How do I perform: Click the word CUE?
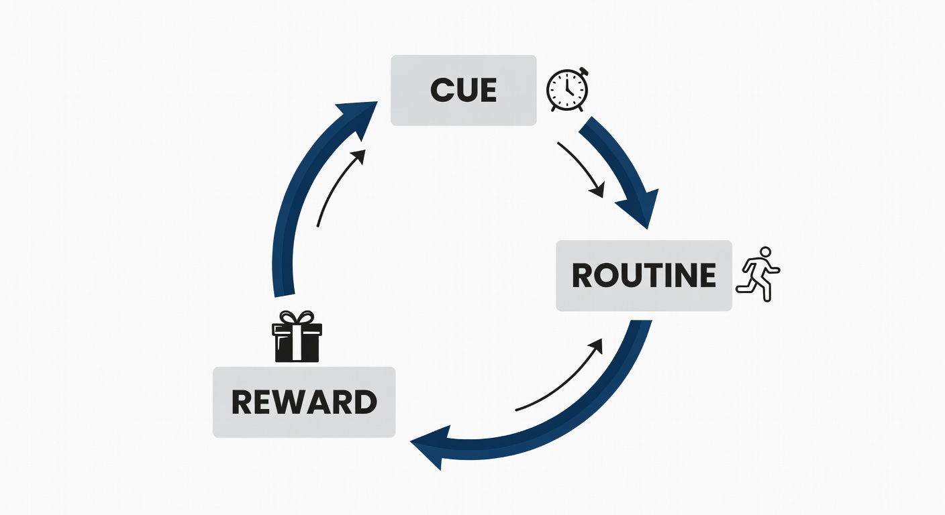[x=463, y=91]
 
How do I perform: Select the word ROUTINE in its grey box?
[x=644, y=276]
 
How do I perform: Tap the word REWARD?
[x=304, y=402]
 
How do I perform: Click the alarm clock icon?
[x=567, y=90]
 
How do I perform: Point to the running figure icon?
[x=758, y=274]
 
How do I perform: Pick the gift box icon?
[x=297, y=337]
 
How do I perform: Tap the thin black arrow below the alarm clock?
[x=580, y=168]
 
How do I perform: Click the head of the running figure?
[x=766, y=252]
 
